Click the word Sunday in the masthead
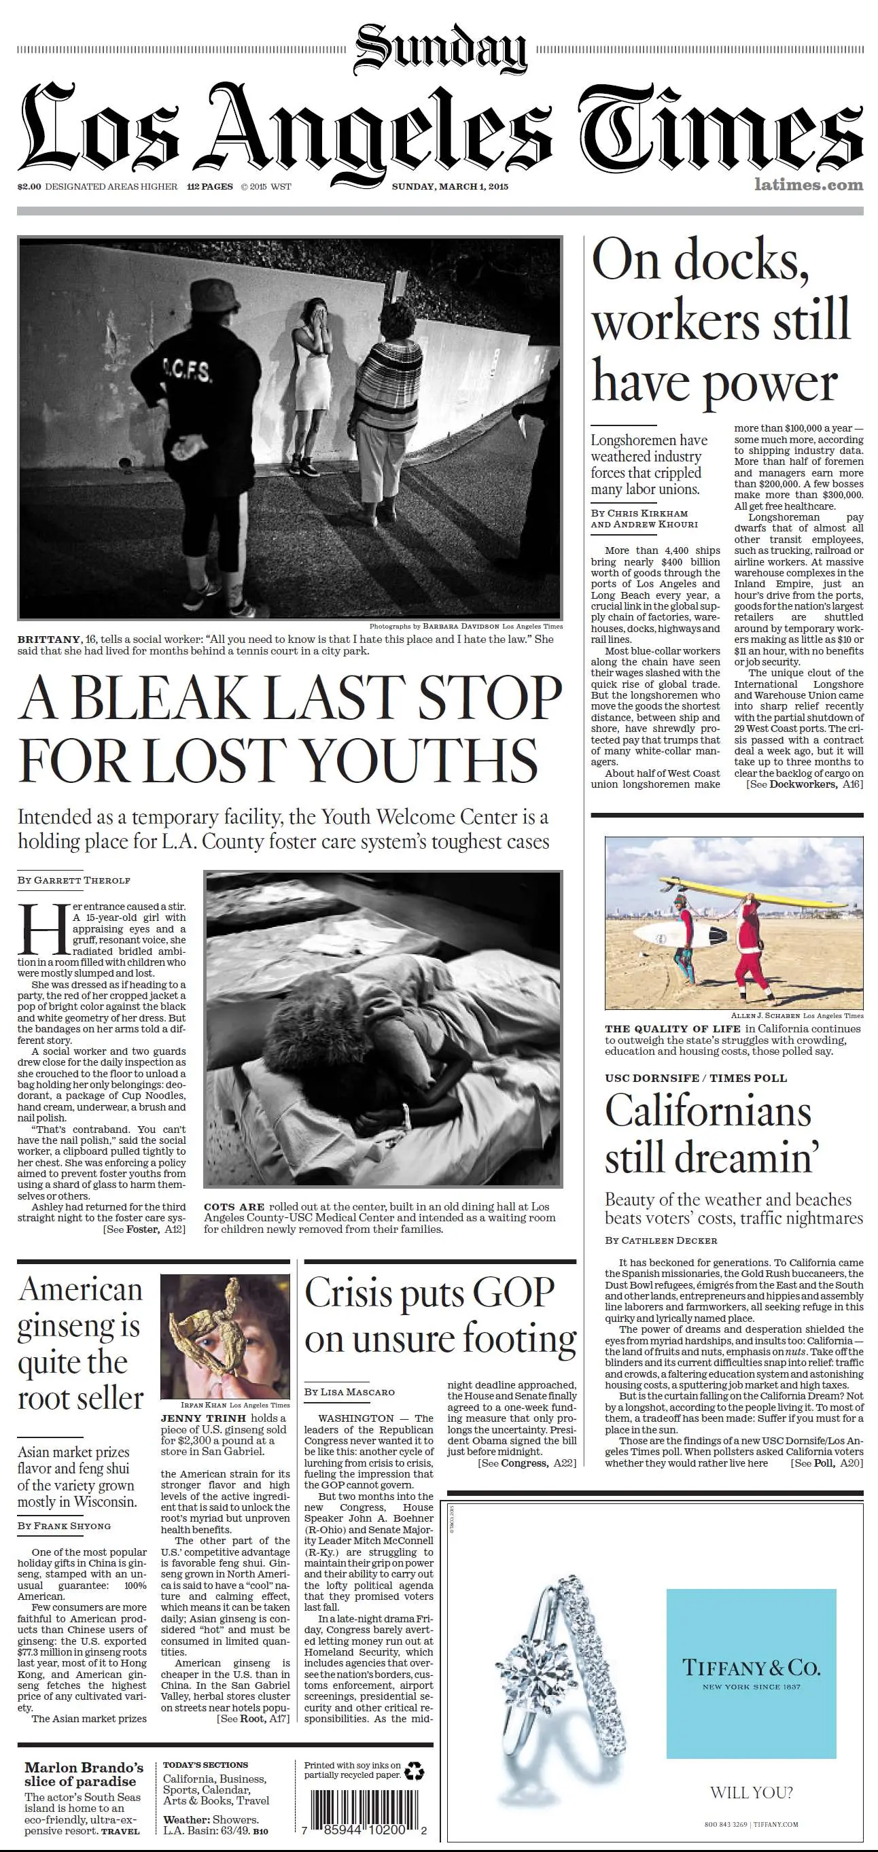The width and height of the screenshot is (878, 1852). click(x=440, y=49)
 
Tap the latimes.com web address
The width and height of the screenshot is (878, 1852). click(x=808, y=185)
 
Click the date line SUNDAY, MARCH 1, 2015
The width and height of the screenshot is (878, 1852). click(x=449, y=186)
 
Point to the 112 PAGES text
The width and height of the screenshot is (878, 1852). click(x=209, y=187)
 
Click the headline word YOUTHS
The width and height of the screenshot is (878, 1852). click(x=421, y=761)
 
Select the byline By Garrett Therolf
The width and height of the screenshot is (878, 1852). click(x=74, y=880)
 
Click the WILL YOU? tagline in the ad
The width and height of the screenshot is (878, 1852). click(x=751, y=1792)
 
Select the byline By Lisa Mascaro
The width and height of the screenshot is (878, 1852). click(x=349, y=1392)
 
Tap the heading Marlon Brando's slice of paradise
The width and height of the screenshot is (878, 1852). click(x=84, y=1775)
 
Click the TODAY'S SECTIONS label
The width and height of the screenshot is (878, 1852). click(x=205, y=1764)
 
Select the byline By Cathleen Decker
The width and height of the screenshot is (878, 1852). click(x=661, y=1240)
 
